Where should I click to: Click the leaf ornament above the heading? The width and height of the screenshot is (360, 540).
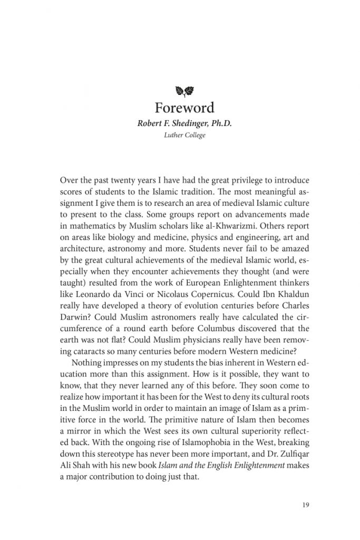[x=184, y=92]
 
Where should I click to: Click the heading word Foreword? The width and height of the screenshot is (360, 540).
[x=184, y=108]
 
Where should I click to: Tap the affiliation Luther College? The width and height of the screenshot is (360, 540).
[x=184, y=136]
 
